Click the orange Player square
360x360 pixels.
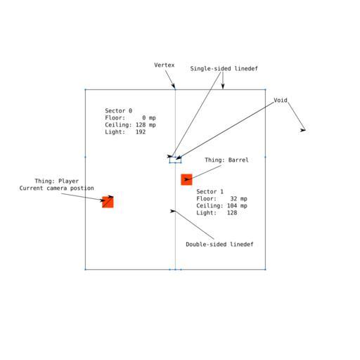tap(108, 202)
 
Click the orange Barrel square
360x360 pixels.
tap(186, 179)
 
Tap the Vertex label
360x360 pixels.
tap(165, 65)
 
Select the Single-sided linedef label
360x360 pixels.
tap(224, 69)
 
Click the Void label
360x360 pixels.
tap(281, 101)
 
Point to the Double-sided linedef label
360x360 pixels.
tap(219, 245)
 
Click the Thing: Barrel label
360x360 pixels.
tap(226, 160)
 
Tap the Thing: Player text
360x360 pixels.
tap(57, 181)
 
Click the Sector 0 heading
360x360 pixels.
tap(119, 110)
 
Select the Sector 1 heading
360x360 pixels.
tap(210, 192)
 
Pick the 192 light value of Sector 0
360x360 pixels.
tap(141, 132)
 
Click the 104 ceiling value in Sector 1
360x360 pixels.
tap(232, 206)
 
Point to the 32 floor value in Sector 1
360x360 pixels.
tap(233, 199)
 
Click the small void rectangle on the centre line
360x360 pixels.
tap(175, 160)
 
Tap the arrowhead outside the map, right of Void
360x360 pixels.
tap(303, 130)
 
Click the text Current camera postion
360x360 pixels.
tap(57, 188)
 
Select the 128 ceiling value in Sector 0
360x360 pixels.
tap(141, 125)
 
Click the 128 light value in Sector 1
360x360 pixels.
tap(232, 213)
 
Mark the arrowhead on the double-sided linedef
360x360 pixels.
tap(173, 211)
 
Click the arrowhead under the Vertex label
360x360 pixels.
tap(174, 86)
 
